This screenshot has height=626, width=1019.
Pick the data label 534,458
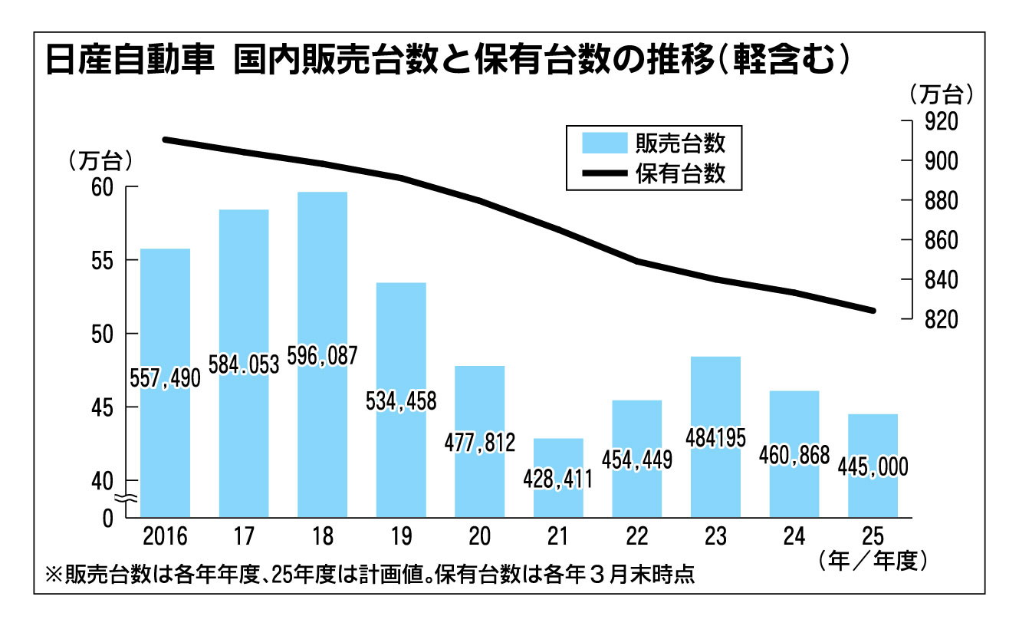coord(401,400)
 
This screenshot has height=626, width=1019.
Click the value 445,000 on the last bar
coord(873,466)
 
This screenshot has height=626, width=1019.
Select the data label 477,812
coord(480,443)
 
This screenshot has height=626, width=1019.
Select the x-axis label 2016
coord(165,535)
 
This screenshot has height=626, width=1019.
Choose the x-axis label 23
coord(715,535)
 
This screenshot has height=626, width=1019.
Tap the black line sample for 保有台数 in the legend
coord(604,174)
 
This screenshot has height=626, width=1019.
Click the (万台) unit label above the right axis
coord(940,94)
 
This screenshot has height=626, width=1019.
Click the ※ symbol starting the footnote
coord(54,575)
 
